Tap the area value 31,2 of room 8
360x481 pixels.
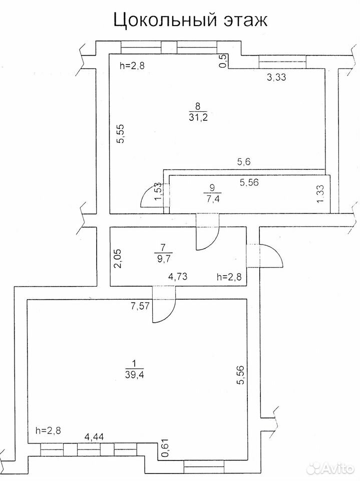click(x=198, y=117)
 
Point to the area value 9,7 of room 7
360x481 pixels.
click(x=163, y=258)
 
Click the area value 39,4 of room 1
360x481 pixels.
click(x=135, y=374)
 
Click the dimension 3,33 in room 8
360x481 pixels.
click(x=276, y=77)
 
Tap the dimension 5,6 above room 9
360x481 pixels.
click(x=244, y=162)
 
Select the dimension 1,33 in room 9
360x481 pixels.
click(x=320, y=193)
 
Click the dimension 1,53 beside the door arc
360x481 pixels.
click(x=158, y=192)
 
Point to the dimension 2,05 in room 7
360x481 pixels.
click(x=118, y=258)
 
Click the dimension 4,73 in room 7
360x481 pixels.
click(x=178, y=277)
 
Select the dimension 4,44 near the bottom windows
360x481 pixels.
click(x=94, y=437)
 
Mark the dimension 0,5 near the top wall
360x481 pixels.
click(x=224, y=61)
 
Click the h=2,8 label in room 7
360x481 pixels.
click(x=229, y=277)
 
